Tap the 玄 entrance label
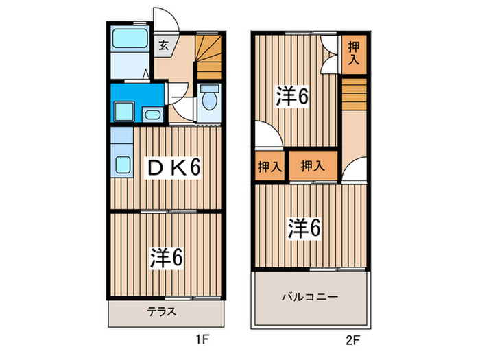[164, 46]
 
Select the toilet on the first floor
[209, 101]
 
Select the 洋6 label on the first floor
[166, 257]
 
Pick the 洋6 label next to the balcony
[304, 228]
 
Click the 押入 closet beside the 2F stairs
[353, 53]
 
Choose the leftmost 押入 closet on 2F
[269, 166]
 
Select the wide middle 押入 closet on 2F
[312, 166]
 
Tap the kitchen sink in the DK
[123, 165]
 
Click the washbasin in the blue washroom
[152, 113]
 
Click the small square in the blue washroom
[124, 110]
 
